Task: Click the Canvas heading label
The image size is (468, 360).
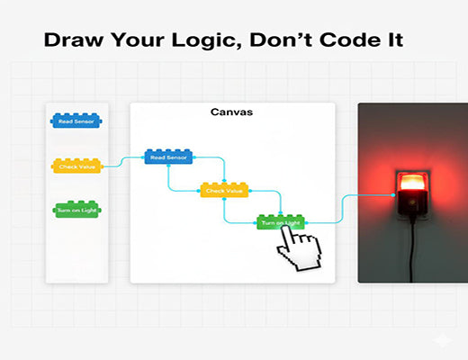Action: tap(232, 112)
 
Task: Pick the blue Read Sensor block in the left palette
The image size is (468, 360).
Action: tap(77, 121)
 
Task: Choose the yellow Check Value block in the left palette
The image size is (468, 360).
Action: tap(77, 166)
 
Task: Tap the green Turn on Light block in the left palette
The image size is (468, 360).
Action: tap(77, 210)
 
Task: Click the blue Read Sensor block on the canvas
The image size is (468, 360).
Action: tap(169, 157)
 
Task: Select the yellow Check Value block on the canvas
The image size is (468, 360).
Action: tap(224, 190)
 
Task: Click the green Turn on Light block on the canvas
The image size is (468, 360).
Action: tap(280, 221)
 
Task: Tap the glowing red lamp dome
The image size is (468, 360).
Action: tap(412, 183)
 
